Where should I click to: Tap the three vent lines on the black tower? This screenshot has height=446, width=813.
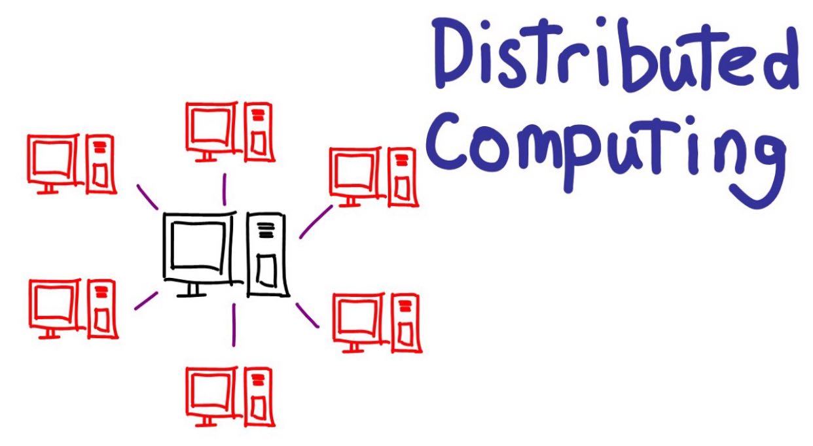point(266,230)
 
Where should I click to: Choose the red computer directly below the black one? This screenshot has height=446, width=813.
point(229,396)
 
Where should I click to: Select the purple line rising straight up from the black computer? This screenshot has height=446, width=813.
point(225,189)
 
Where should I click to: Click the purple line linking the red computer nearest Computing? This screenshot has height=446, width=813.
point(316,222)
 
